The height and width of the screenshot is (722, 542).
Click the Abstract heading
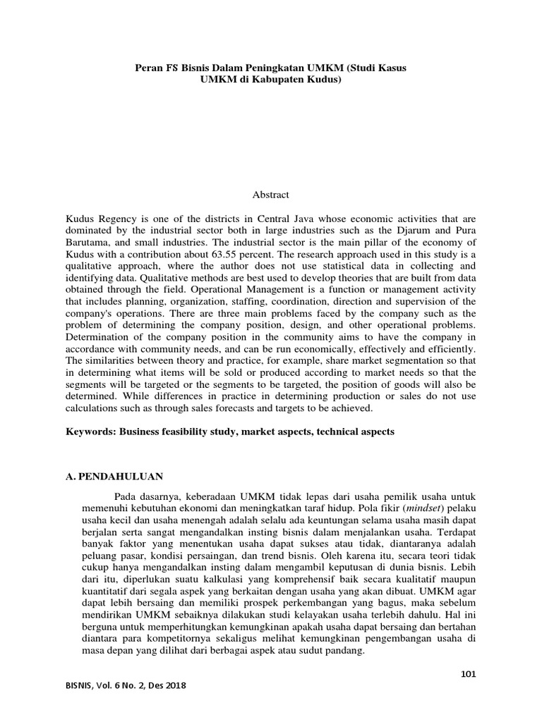(x=270, y=194)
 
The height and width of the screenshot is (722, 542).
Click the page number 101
(x=468, y=673)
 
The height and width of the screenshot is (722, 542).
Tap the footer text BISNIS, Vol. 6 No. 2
(x=124, y=685)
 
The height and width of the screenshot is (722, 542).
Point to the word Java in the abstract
(x=343, y=219)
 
